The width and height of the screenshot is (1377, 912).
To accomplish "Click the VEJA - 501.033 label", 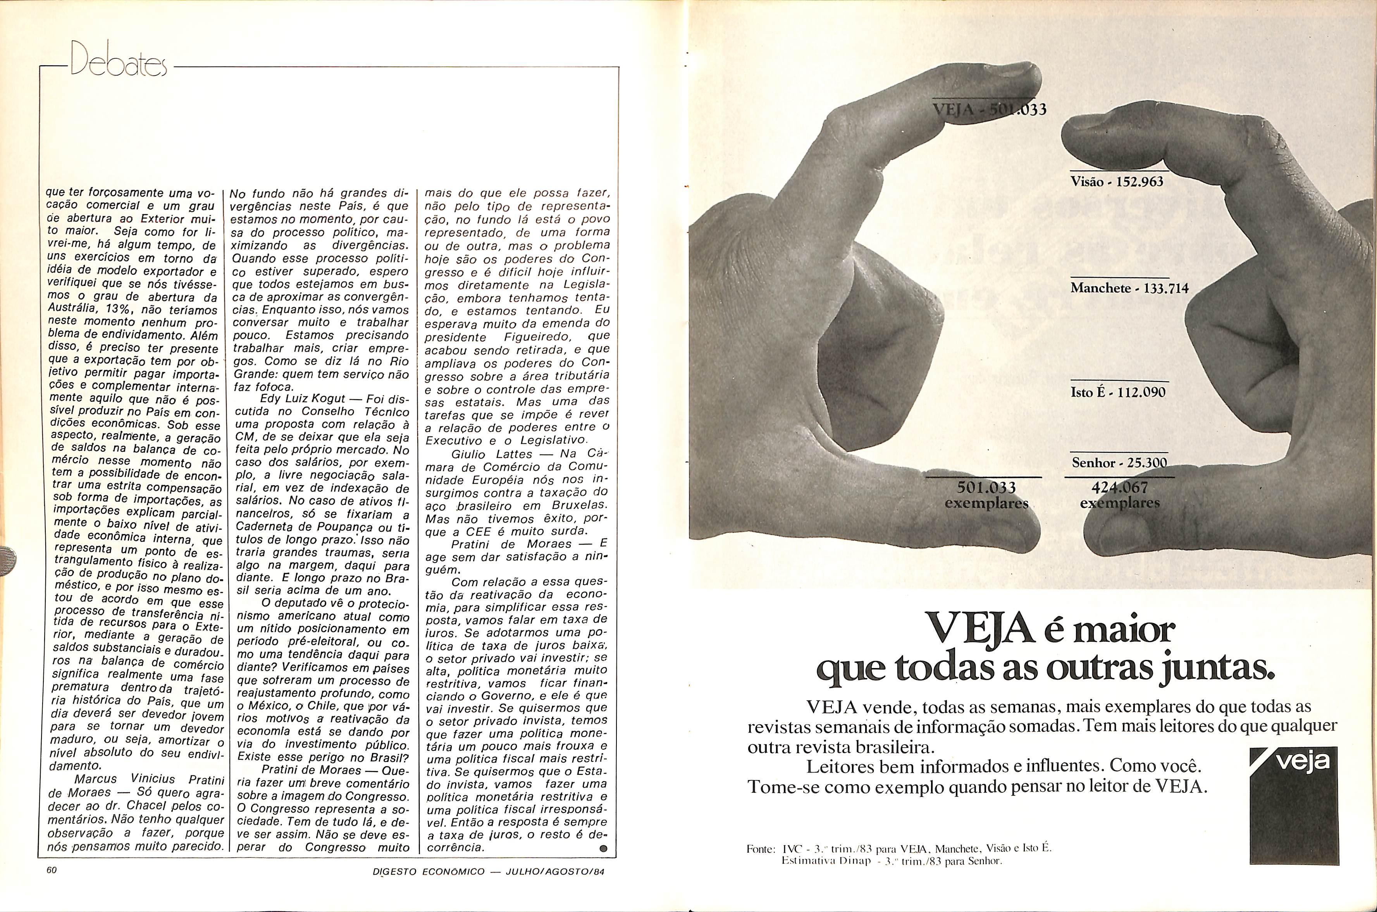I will [989, 109].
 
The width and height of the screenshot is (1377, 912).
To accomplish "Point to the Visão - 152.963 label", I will [1116, 182].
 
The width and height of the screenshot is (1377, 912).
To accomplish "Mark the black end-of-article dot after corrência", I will [603, 848].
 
